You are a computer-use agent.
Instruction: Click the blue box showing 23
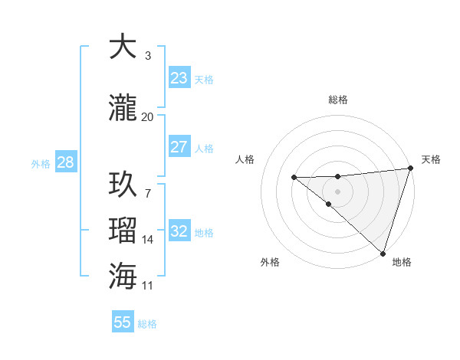(179, 78)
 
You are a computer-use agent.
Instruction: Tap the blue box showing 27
(179, 147)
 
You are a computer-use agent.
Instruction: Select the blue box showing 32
(179, 231)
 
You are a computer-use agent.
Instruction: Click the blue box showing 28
(64, 162)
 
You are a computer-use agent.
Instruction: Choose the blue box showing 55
(123, 322)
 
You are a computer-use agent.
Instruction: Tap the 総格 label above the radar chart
(337, 100)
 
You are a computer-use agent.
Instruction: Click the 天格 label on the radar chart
(431, 159)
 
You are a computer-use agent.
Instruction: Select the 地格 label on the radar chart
(402, 262)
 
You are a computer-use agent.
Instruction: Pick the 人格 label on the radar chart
(245, 159)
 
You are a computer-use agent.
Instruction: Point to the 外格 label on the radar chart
(270, 262)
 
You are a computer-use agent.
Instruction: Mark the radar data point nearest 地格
(383, 253)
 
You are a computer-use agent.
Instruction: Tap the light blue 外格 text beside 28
(41, 163)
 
